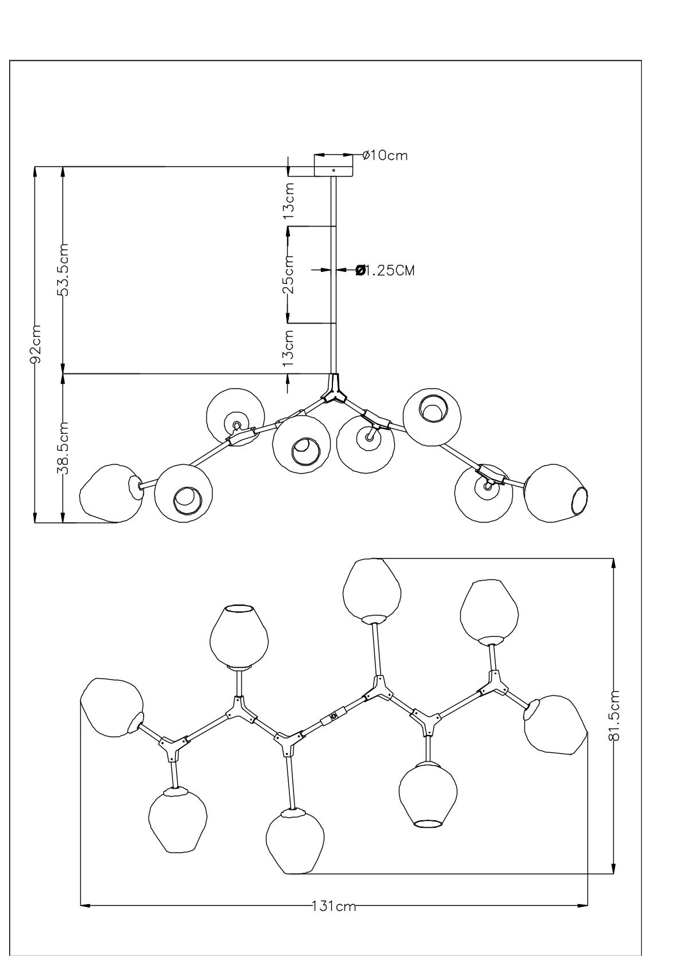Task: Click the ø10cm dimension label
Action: click(x=386, y=155)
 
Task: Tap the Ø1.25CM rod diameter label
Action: click(x=385, y=270)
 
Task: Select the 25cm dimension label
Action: click(x=290, y=274)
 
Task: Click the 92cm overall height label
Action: click(x=36, y=344)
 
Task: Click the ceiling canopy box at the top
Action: click(x=334, y=165)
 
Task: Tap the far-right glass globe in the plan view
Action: click(x=555, y=724)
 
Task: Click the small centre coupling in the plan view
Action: click(x=334, y=716)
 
